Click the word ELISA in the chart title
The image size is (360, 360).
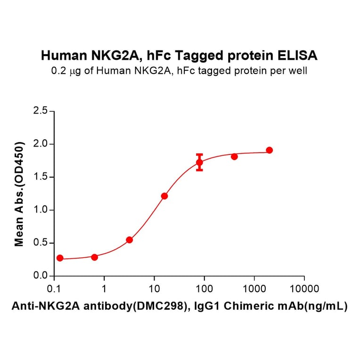[x=298, y=56]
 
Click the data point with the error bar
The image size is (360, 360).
[x=200, y=163]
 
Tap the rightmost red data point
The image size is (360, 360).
[x=269, y=150]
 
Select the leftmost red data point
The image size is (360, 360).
[x=60, y=258]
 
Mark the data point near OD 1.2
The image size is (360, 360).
[x=164, y=196]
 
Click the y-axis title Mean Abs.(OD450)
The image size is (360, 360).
[x=19, y=194]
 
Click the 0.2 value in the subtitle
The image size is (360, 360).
[x=57, y=72]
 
